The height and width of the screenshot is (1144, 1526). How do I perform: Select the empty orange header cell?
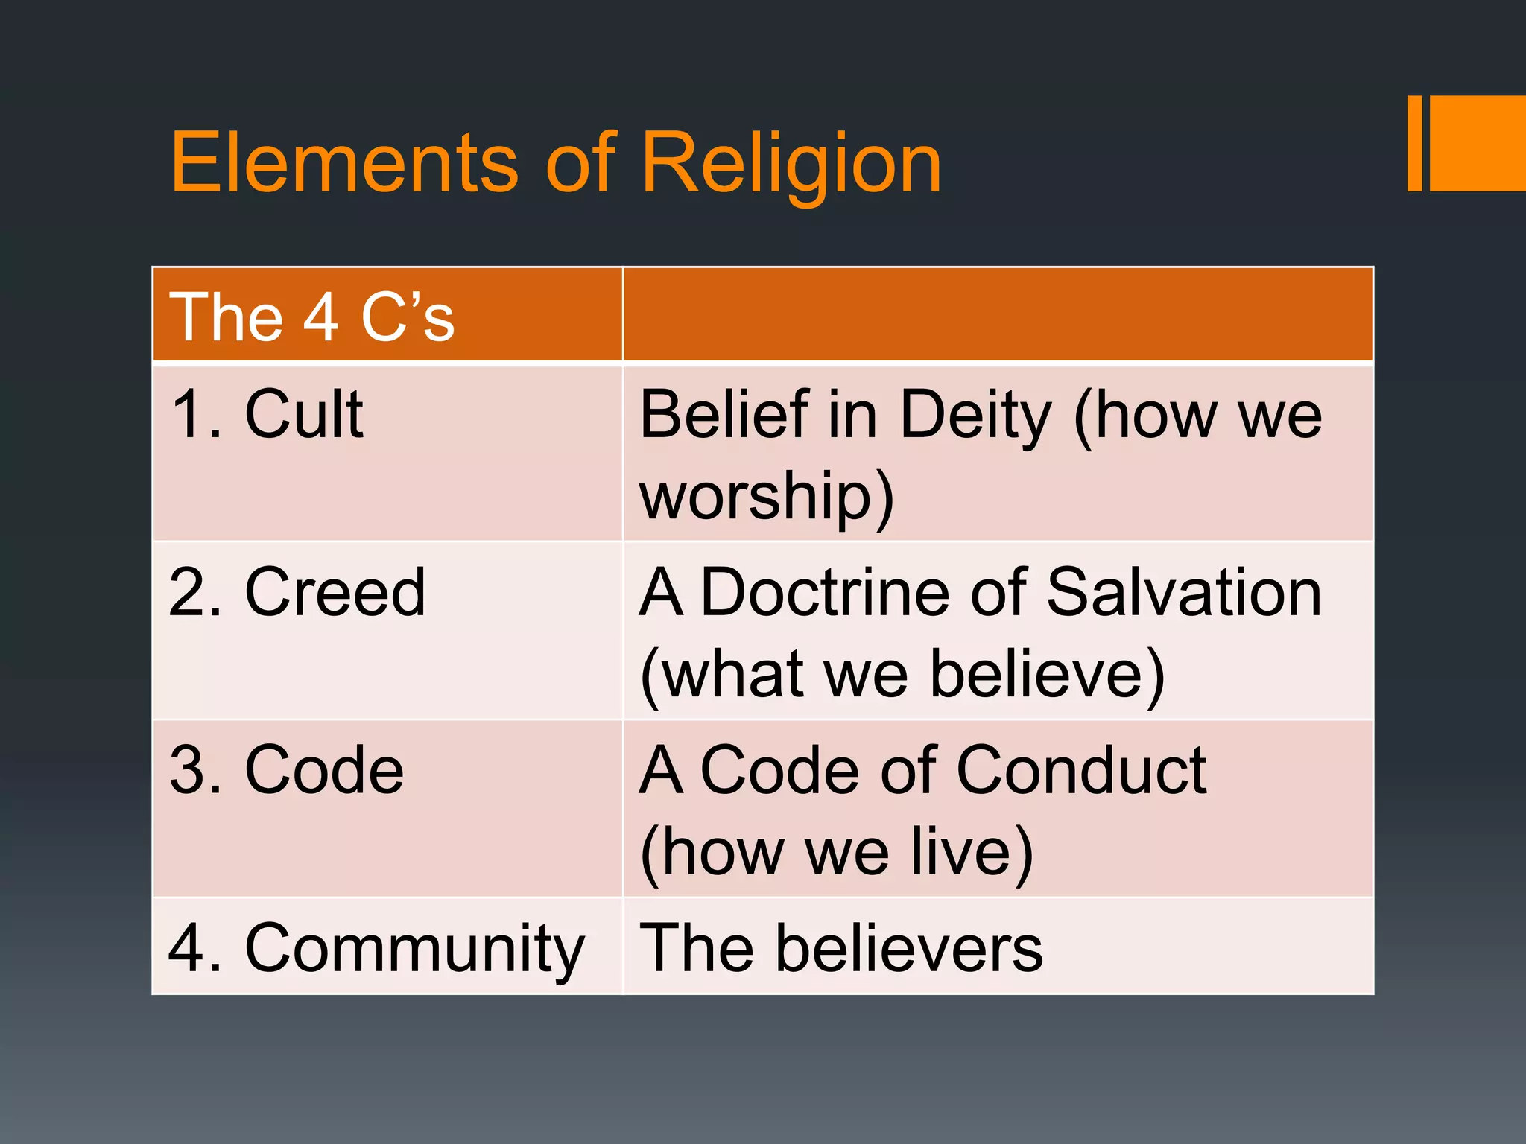tap(997, 314)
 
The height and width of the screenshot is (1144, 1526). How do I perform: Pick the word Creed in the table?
tap(335, 593)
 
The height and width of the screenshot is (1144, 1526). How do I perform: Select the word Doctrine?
tap(825, 593)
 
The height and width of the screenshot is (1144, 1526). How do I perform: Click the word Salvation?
tap(1184, 593)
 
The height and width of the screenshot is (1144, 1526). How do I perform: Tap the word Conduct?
tap(1081, 771)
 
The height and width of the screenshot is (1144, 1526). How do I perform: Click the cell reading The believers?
tap(842, 949)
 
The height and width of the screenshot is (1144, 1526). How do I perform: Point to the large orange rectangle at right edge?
tap(1478, 143)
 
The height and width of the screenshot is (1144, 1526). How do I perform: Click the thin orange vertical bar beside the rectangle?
tap(1414, 143)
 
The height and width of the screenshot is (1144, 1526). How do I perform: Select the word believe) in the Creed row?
tap(1047, 675)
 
